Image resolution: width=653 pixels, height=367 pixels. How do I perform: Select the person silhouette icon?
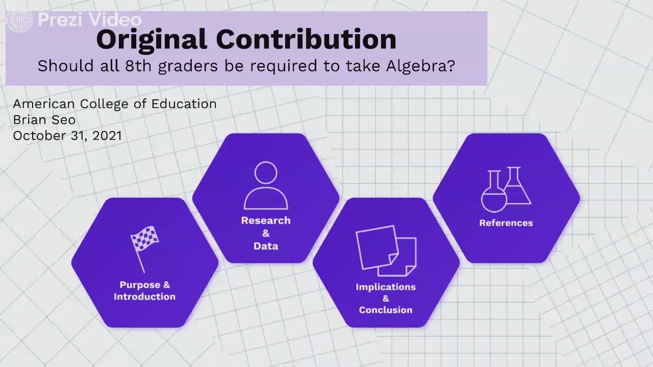coord(266,186)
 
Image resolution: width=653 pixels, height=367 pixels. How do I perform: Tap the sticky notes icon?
coord(386,250)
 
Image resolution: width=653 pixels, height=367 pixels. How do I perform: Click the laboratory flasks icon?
coord(506,189)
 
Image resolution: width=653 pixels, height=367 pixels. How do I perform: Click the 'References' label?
coord(506,223)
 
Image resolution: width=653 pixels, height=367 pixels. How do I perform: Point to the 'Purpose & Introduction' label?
coord(144,291)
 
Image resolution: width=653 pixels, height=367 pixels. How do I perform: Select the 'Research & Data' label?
coord(266,233)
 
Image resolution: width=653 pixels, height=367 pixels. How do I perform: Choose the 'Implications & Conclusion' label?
coord(386,298)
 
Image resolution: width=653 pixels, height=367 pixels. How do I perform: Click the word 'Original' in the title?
coord(152,40)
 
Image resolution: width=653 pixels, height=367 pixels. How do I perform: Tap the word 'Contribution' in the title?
coord(306,40)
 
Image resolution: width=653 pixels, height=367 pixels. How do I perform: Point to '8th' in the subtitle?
coord(138,66)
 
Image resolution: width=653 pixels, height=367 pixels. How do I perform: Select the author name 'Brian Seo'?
coord(44,120)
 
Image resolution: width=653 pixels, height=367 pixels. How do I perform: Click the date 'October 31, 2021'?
coord(67,136)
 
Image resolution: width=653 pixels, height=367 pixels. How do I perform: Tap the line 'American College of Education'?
coord(115,104)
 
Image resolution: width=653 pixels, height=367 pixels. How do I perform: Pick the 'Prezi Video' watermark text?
coord(89,20)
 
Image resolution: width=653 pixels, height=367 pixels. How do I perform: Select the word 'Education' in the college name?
coord(184,104)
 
